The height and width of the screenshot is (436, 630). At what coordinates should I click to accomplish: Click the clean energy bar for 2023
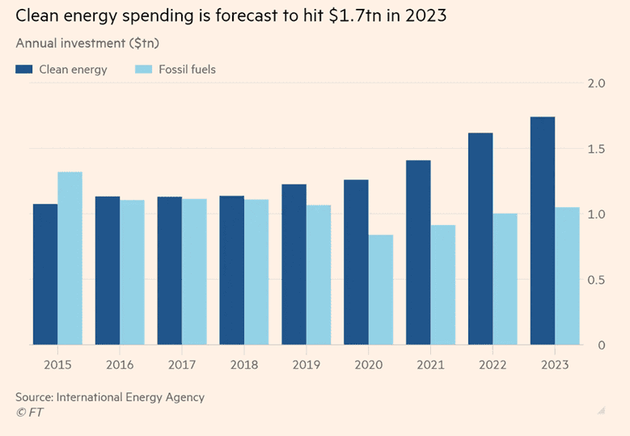click(x=543, y=231)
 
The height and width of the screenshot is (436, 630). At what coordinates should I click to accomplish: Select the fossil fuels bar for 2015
click(x=70, y=258)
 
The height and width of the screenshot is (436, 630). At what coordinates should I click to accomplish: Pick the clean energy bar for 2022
click(x=480, y=239)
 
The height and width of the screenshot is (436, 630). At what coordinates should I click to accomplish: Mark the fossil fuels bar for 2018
click(x=256, y=272)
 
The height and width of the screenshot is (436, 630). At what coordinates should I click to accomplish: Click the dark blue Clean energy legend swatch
click(x=23, y=70)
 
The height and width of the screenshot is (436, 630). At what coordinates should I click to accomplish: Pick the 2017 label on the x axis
click(x=182, y=365)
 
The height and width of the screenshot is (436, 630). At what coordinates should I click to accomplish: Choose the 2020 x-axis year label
click(x=368, y=365)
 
